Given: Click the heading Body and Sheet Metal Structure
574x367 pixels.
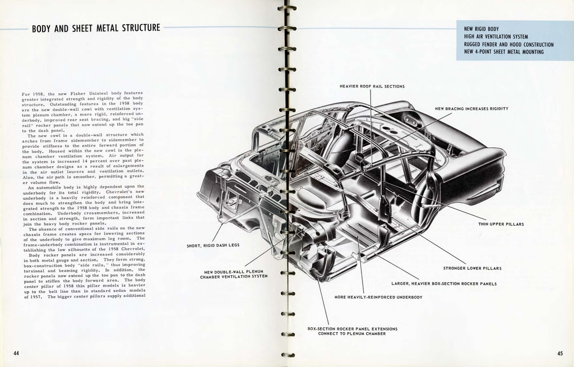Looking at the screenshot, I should [x=96, y=28].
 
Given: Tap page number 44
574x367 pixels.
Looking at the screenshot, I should [x=17, y=352].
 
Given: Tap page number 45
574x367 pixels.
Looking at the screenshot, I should [x=560, y=353].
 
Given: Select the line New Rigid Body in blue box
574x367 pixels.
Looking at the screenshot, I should [x=481, y=29].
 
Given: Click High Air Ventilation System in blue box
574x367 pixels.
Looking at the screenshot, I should [x=496, y=36].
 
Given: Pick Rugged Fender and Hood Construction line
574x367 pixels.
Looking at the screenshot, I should [x=508, y=44].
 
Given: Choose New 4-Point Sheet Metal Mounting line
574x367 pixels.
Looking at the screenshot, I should [x=503, y=52].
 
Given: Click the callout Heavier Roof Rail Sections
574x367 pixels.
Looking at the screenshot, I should [x=372, y=86].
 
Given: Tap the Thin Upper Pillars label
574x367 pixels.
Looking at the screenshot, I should [x=501, y=224].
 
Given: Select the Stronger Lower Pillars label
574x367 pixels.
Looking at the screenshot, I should [x=472, y=268].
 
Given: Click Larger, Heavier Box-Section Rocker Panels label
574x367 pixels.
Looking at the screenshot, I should [x=443, y=284].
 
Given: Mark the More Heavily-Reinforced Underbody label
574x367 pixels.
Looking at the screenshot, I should [x=378, y=297].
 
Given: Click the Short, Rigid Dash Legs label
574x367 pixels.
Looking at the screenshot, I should [x=213, y=245].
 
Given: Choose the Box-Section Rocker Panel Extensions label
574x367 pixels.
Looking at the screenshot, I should [x=352, y=331].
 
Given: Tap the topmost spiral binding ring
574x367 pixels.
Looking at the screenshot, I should [x=286, y=8].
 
